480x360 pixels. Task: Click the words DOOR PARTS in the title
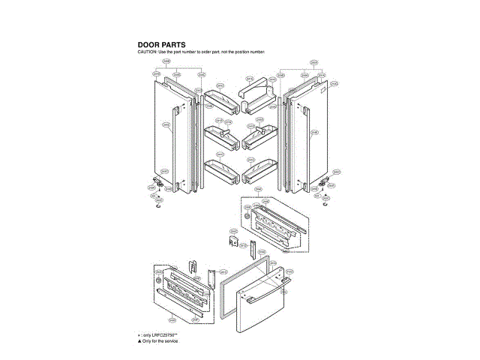161,45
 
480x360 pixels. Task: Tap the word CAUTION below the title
147,52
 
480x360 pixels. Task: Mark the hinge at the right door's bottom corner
322,181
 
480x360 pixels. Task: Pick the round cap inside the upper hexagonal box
250,217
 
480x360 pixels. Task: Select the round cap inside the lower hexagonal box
159,280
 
